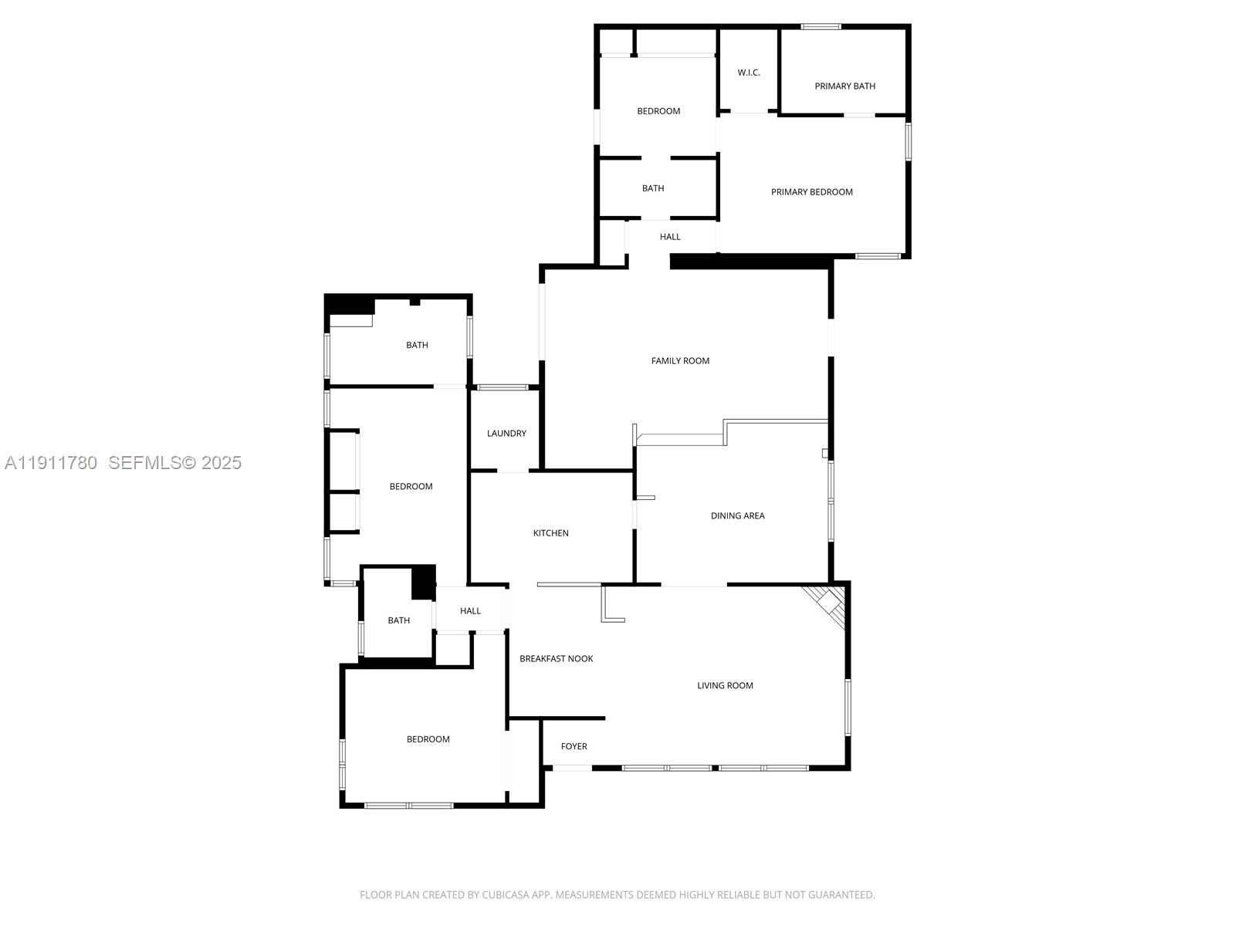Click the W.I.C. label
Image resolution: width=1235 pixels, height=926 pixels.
749,73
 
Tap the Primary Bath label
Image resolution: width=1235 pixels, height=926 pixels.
845,86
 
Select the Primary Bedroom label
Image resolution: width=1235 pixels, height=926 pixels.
812,192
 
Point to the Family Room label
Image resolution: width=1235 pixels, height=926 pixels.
680,360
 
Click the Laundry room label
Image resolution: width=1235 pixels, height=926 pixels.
506,434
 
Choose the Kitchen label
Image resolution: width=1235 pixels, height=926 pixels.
551,533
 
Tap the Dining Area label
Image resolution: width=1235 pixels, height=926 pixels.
738,515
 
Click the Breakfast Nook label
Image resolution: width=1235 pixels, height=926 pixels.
557,659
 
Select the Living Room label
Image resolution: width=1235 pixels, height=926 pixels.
725,685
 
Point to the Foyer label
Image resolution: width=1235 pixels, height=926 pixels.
574,746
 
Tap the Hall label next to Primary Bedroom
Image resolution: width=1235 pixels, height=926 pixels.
670,237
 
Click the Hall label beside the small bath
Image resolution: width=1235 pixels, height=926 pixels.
471,611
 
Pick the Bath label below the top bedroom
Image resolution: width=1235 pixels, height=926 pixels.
653,188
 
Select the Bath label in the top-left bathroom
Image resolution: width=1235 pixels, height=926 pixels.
418,345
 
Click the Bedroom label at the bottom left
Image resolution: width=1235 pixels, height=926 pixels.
428,739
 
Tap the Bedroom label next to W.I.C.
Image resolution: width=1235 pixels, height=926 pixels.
658,111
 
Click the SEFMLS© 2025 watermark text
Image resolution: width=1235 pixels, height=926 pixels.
175,462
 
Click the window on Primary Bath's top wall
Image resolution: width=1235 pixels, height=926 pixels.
821,27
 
